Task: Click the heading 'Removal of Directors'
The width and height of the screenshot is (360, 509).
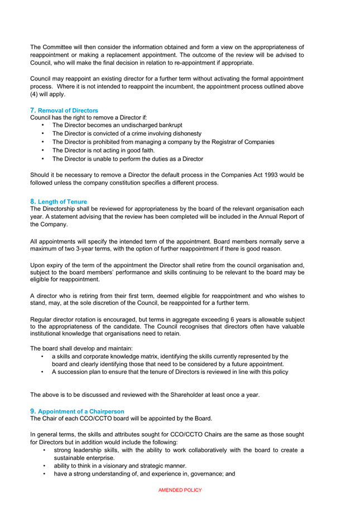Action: (x=68, y=111)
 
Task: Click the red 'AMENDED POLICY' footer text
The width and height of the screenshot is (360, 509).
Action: (x=180, y=490)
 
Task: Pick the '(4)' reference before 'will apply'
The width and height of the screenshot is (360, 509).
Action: (x=35, y=94)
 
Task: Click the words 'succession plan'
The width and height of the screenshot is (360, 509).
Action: (x=78, y=372)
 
